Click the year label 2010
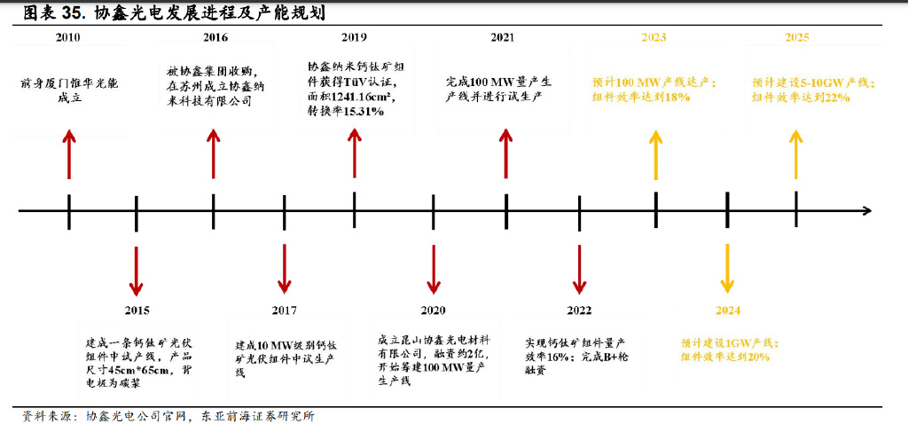coord(67,37)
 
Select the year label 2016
coord(215,37)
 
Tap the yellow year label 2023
coord(654,37)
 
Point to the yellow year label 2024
coord(728,311)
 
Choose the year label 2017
coord(285,311)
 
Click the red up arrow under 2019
coord(355,153)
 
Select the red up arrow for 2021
coord(506,153)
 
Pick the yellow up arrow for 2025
coord(796,154)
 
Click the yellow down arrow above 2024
coord(727,269)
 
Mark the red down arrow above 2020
coord(434,270)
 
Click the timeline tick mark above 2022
coord(580,213)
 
